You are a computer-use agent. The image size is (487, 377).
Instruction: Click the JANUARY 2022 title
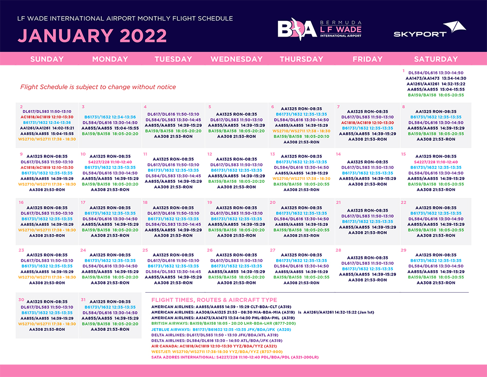[92, 36]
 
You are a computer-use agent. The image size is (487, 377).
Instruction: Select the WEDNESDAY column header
[236, 59]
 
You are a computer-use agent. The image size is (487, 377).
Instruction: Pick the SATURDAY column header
[435, 59]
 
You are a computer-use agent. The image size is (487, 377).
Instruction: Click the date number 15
[403, 154]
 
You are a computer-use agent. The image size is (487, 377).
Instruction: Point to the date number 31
[83, 299]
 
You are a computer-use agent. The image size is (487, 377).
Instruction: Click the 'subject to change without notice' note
[98, 87]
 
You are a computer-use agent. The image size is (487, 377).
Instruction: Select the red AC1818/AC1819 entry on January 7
[367, 122]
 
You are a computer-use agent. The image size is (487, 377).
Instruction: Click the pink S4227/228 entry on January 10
[110, 161]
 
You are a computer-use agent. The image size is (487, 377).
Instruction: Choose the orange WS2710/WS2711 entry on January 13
[301, 179]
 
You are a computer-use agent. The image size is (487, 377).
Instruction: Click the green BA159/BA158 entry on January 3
[110, 133]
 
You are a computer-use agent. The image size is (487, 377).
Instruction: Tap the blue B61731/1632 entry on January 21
[367, 221]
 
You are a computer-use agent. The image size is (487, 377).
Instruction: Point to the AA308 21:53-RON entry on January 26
[236, 282]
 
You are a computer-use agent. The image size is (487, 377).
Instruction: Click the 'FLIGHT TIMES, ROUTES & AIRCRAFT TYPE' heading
[214, 299]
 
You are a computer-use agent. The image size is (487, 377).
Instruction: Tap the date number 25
[145, 250]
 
